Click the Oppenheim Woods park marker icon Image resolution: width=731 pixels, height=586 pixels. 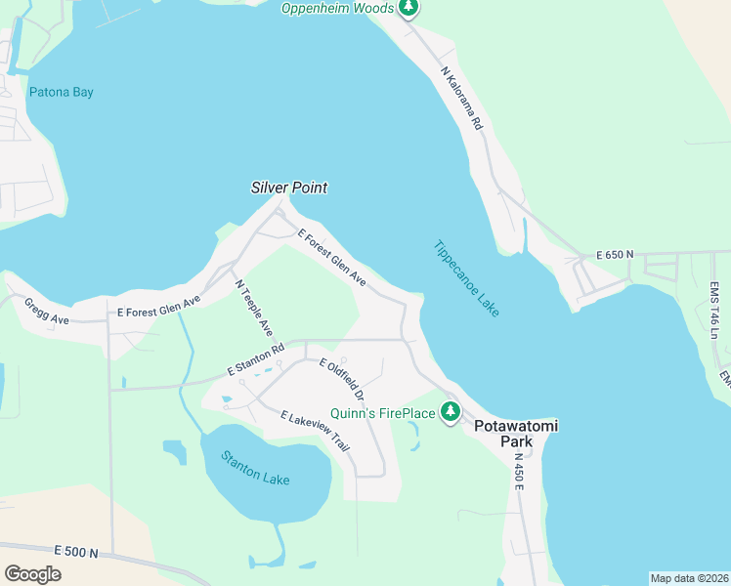[409, 9]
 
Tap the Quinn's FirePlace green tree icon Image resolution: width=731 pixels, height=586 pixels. [450, 412]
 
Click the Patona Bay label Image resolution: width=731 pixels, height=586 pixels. [61, 93]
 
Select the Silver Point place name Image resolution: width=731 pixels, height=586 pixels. [289, 188]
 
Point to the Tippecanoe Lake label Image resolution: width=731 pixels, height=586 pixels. [466, 278]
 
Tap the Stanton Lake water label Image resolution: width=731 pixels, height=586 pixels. [254, 466]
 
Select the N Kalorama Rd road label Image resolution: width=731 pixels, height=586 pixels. [462, 99]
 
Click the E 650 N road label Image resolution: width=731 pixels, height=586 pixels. [615, 255]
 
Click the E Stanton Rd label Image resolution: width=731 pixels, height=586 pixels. [255, 359]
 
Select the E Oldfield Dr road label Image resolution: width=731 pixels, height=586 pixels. [342, 381]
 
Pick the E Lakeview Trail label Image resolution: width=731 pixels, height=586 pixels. [315, 431]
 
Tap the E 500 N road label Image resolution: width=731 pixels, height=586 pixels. [77, 553]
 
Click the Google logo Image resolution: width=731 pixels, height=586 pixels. [33, 573]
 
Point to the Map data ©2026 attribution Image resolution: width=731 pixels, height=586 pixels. [688, 578]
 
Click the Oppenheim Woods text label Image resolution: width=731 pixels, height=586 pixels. [336, 9]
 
